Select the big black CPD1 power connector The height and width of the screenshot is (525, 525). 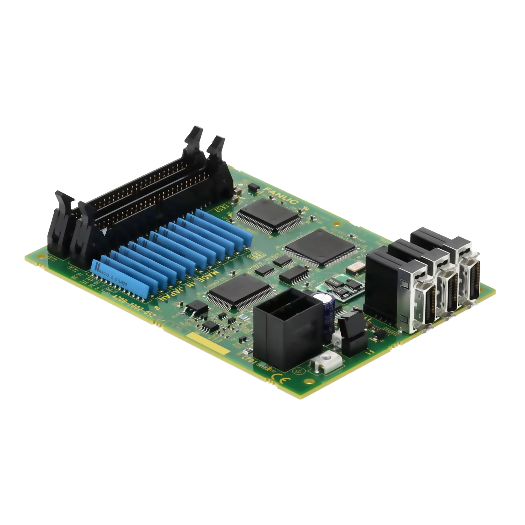[x=288, y=329]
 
